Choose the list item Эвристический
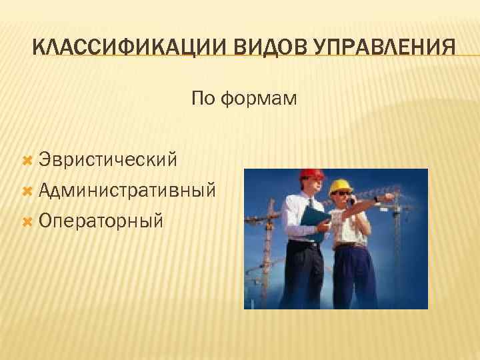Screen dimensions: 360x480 (x=107, y=159)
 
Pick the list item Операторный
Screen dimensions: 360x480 (x=100, y=220)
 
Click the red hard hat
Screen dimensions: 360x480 (x=311, y=175)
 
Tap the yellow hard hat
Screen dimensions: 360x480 (x=341, y=185)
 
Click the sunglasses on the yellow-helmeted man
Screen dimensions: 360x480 (x=341, y=194)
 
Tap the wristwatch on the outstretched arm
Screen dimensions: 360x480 (x=376, y=199)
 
